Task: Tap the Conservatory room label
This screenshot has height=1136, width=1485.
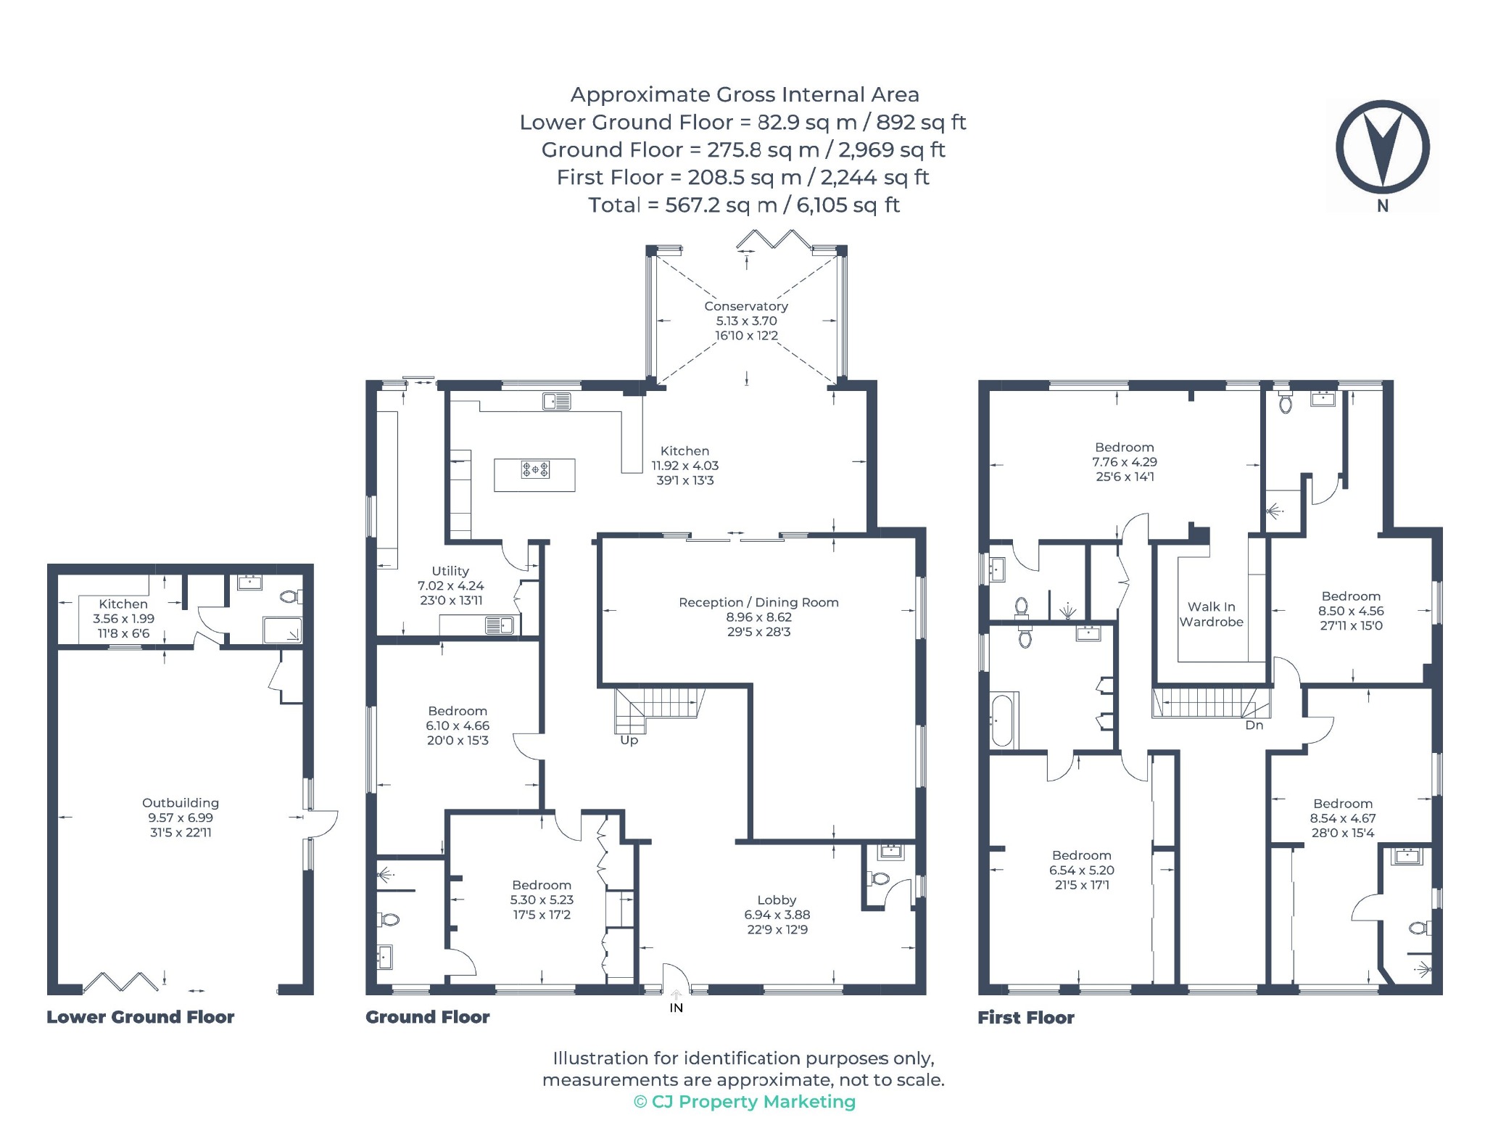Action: click(x=746, y=306)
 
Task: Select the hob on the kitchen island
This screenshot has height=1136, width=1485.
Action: click(x=535, y=470)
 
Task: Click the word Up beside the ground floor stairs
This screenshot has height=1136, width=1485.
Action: click(x=629, y=740)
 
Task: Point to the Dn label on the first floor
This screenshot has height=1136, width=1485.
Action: click(x=1254, y=725)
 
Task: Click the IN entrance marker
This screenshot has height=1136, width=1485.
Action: click(x=676, y=1008)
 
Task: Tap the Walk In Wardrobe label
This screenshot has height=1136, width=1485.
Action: click(x=1212, y=614)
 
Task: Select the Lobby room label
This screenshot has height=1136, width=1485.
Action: click(x=777, y=900)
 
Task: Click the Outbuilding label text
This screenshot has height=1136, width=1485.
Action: click(x=181, y=803)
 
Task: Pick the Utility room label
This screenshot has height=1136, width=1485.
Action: click(x=450, y=571)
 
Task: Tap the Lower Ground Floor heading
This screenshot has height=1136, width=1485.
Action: click(x=141, y=1017)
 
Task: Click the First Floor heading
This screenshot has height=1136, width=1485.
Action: click(x=1026, y=1018)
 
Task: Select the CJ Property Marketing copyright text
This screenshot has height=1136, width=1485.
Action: click(x=745, y=1102)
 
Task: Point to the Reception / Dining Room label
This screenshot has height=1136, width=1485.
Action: click(x=758, y=602)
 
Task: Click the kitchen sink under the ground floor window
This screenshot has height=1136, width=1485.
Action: click(x=556, y=400)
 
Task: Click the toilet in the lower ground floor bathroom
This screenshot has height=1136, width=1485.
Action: click(x=291, y=597)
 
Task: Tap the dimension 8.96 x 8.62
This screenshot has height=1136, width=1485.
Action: click(x=759, y=617)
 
